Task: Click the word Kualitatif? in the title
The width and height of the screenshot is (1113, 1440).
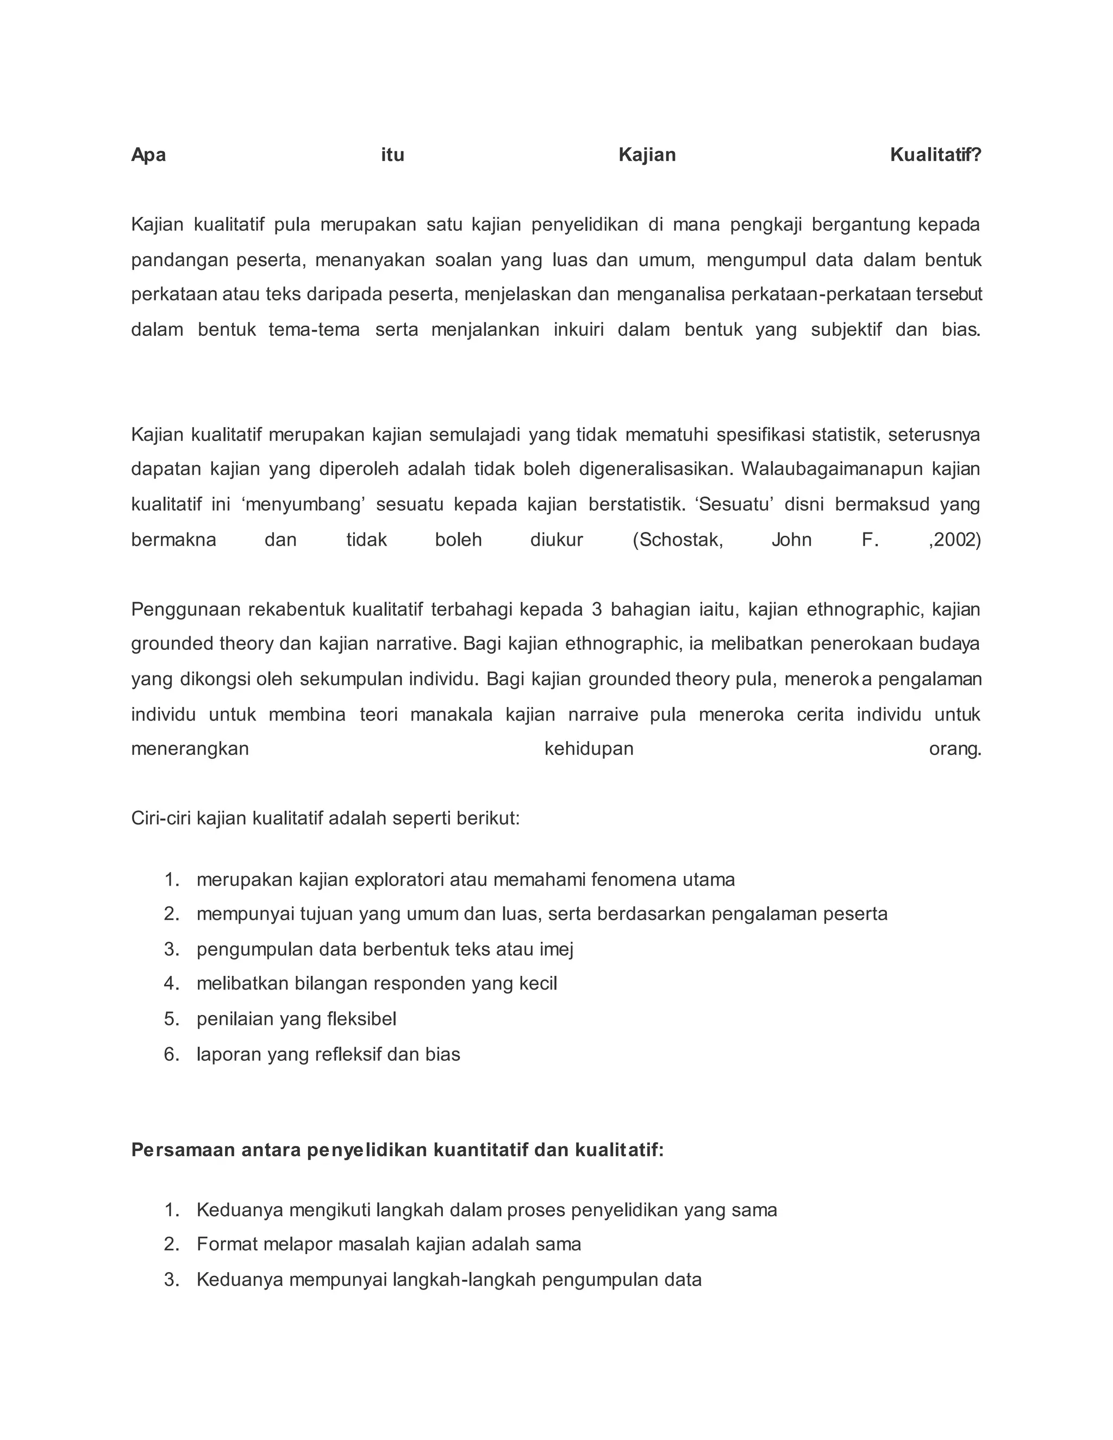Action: point(935,155)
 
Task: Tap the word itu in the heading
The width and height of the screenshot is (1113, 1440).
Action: point(392,155)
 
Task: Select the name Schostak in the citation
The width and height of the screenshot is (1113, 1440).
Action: point(678,540)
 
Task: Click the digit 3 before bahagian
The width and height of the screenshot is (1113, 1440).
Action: point(597,609)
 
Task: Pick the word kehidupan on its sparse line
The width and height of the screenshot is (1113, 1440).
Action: point(589,748)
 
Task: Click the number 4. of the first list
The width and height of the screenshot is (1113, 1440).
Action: point(171,983)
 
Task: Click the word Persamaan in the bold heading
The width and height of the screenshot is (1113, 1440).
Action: point(183,1150)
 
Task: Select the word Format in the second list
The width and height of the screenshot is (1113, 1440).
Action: point(226,1244)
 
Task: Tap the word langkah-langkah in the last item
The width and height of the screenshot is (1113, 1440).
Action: point(464,1280)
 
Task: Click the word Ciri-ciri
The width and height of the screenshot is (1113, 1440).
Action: point(161,818)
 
